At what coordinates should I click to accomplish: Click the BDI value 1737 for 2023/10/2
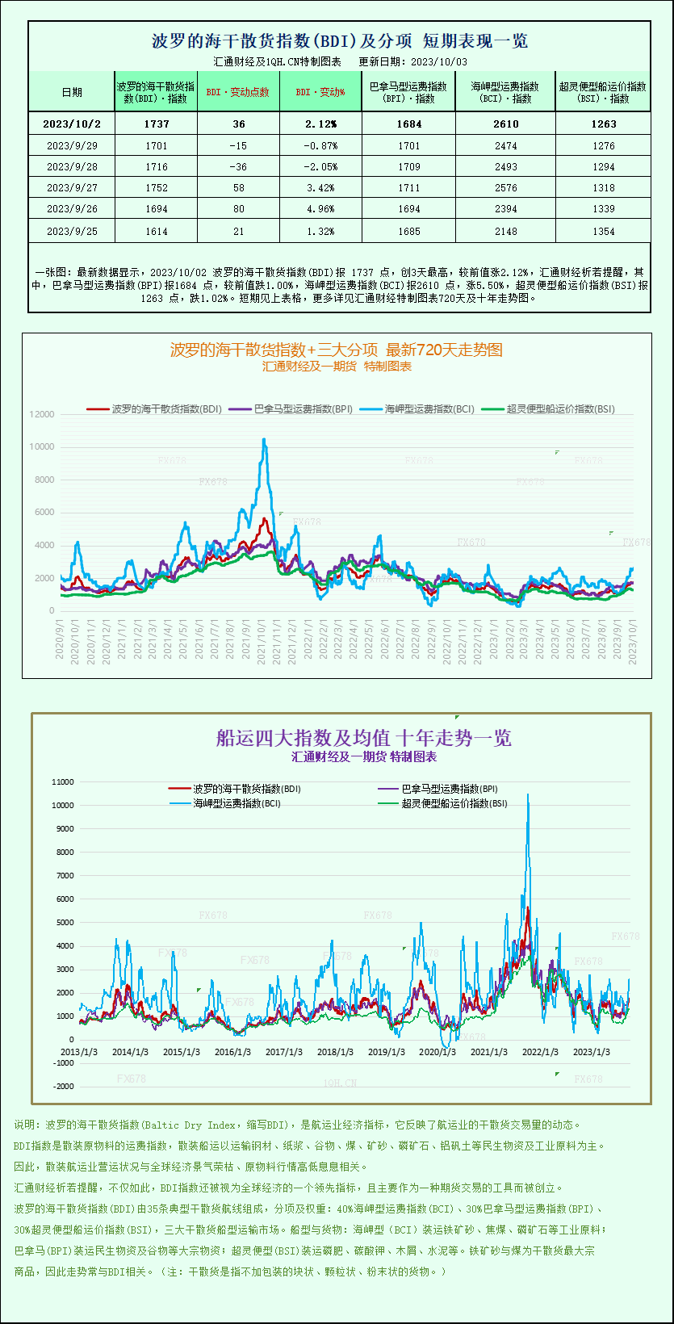157,124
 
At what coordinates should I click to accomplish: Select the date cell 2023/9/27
71,188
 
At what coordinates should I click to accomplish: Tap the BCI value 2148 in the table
505,232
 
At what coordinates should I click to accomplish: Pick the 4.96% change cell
320,209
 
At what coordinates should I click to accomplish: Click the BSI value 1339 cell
603,209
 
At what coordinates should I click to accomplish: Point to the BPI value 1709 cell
408,167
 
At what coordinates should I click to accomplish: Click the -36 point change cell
237,167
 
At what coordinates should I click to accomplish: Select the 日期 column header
71,92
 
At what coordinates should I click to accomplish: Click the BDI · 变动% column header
320,92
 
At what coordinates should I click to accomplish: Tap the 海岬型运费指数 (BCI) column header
505,92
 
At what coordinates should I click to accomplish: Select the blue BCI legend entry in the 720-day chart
420,409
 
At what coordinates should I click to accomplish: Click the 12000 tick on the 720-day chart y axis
42,414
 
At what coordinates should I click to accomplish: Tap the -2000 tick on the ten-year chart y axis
62,1087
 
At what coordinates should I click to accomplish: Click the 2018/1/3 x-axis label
335,1052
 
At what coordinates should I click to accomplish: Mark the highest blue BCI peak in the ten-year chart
528,795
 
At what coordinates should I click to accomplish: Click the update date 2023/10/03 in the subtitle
438,61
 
